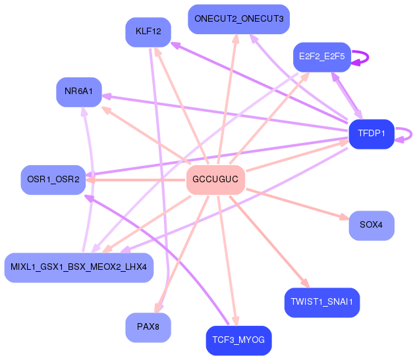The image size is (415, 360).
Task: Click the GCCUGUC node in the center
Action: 215,180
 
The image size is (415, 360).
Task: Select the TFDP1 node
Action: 372,134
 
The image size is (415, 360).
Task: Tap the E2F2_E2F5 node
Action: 322,57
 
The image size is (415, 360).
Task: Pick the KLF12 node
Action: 148,32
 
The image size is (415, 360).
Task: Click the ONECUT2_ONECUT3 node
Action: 238,19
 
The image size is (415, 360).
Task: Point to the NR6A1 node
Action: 79,92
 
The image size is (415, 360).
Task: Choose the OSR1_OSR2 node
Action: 53,180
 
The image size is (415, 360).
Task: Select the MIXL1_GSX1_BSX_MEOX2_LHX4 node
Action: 79,268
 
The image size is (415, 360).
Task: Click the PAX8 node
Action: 148,328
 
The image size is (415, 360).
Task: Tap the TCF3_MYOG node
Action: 238,341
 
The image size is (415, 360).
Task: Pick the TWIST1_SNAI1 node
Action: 322,303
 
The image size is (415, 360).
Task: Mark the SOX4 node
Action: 372,226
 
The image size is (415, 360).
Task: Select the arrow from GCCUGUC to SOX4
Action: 297,203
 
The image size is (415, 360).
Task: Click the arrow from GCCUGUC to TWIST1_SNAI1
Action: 269,242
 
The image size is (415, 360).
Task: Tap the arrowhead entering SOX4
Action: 345,217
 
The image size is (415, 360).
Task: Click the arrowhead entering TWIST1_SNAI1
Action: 305,283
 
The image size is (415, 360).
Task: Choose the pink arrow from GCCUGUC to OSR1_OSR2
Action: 136,180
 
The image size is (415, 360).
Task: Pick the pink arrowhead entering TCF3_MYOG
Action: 236,321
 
